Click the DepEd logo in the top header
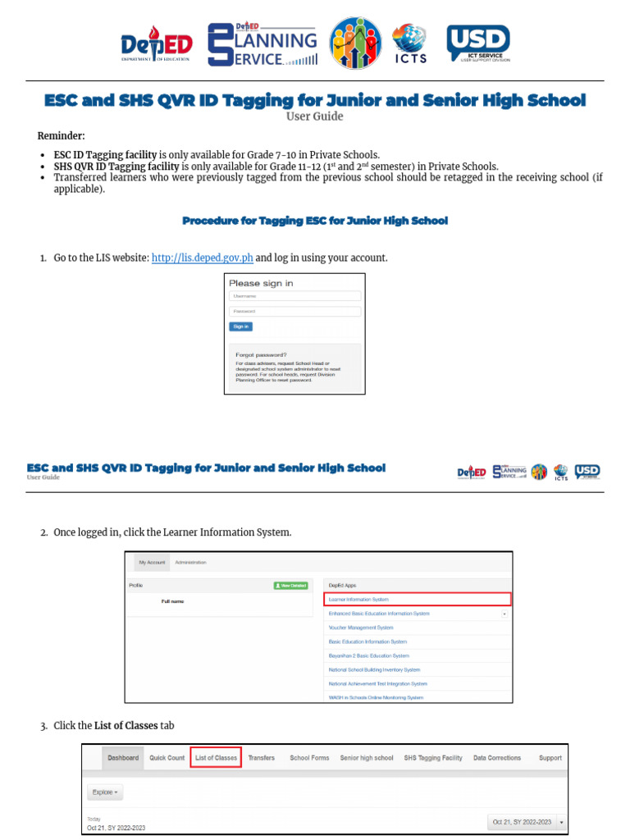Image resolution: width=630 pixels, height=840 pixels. click(x=157, y=47)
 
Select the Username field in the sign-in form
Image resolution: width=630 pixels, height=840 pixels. click(x=294, y=296)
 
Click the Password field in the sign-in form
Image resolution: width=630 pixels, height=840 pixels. click(x=294, y=312)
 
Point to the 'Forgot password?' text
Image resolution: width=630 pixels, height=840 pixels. click(x=261, y=355)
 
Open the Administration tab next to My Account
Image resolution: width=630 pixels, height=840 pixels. click(x=191, y=563)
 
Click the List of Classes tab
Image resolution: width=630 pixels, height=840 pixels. click(x=216, y=758)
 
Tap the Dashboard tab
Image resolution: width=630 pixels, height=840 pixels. click(x=123, y=758)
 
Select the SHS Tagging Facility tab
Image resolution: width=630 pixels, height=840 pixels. click(x=433, y=758)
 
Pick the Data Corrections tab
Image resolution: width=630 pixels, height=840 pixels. click(x=497, y=758)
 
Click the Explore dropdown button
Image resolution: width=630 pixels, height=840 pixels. click(x=105, y=792)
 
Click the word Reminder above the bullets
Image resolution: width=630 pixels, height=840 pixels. click(x=61, y=136)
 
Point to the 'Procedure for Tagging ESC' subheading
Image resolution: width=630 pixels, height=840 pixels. click(x=315, y=221)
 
